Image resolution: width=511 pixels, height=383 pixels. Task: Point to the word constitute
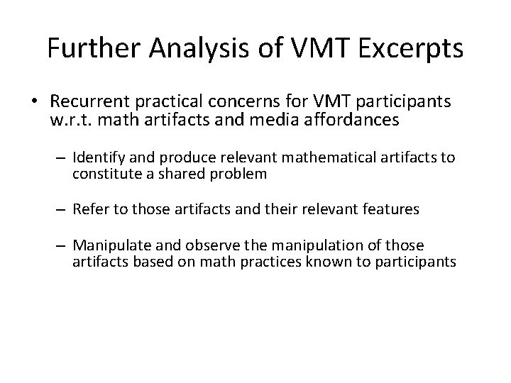coord(104,174)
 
